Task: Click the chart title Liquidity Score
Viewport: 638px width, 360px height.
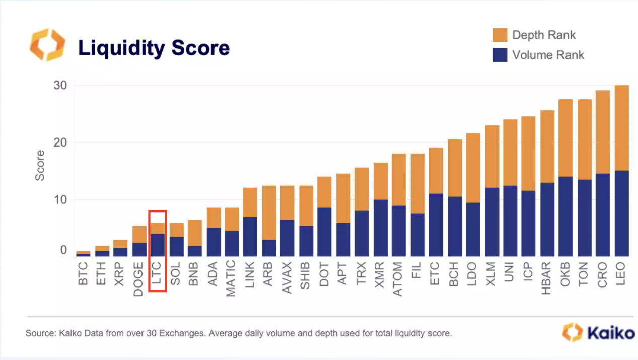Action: [154, 48]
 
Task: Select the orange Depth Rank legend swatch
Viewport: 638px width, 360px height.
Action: [500, 35]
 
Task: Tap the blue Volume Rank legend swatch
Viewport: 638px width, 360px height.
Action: [500, 55]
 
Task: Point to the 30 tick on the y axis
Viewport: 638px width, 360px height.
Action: [60, 86]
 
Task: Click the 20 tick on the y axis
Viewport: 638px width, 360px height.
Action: [60, 143]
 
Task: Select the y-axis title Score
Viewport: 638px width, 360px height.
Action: [40, 165]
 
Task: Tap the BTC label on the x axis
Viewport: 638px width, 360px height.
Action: [84, 274]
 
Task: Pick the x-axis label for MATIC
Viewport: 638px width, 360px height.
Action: [232, 278]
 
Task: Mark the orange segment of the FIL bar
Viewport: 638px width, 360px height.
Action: [418, 184]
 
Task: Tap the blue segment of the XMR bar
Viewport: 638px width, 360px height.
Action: [381, 228]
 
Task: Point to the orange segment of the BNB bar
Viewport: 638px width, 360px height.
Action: [194, 233]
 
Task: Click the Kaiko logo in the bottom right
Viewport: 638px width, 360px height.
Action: [598, 333]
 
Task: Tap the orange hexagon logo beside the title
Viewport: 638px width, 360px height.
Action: [47, 45]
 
